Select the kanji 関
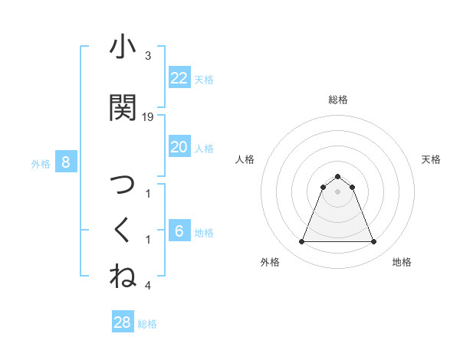point(123,109)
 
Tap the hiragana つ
point(123,185)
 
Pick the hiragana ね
point(123,276)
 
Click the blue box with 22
point(179,77)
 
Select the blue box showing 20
point(179,147)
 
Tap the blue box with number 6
point(179,231)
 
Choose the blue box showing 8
point(66,162)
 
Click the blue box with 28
point(123,322)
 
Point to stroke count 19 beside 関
point(149,117)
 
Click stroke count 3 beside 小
point(148,56)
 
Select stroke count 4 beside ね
point(148,286)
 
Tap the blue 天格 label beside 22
point(204,79)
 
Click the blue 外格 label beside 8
point(41,163)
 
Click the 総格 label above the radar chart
point(338,100)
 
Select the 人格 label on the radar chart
point(245,159)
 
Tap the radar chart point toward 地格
point(374,242)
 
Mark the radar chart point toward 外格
point(301,242)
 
